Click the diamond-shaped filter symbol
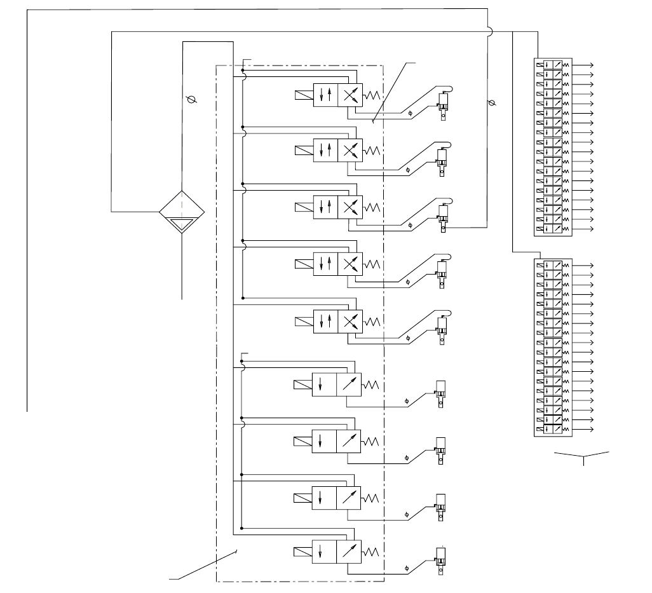(182, 211)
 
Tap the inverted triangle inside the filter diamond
(182, 223)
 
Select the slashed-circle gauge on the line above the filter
(190, 100)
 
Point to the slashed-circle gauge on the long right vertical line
(490, 102)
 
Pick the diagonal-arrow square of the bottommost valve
(348, 550)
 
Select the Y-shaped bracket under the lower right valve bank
(583, 456)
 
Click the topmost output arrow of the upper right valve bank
(584, 65)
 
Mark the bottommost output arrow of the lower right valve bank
(584, 430)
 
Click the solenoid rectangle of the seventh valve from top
(302, 440)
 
